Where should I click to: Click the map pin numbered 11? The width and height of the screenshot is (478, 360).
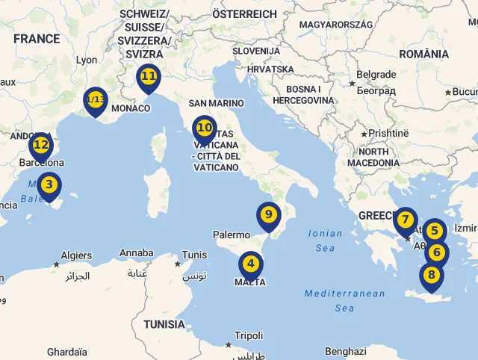click(x=148, y=77)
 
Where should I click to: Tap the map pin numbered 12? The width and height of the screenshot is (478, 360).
click(x=41, y=146)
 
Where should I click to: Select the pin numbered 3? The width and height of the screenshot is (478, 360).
click(x=49, y=184)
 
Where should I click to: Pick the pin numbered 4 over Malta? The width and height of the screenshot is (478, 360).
click(x=250, y=264)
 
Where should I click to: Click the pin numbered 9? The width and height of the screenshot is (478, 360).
click(x=268, y=216)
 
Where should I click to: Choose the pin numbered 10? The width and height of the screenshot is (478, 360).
click(x=204, y=128)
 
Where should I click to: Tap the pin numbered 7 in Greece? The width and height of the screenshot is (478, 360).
click(x=405, y=220)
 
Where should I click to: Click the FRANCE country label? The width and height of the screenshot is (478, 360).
click(x=36, y=39)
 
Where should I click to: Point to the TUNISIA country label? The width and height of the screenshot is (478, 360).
click(x=164, y=324)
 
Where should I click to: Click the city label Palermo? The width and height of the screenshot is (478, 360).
click(x=232, y=235)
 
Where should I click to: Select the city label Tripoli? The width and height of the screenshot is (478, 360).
click(x=249, y=336)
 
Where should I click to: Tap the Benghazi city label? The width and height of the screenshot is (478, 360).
click(x=346, y=351)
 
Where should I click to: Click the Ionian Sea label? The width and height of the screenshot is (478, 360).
click(x=326, y=240)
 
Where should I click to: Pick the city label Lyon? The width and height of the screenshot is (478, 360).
click(x=87, y=60)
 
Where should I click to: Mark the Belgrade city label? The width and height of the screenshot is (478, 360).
click(x=376, y=75)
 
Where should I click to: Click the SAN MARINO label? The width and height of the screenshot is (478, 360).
click(x=217, y=103)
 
